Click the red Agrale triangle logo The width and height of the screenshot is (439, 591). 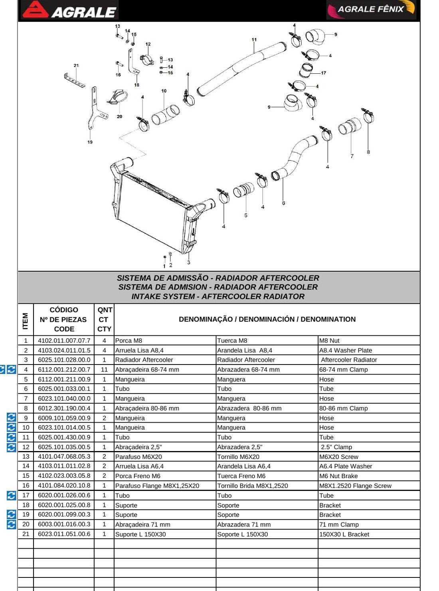[36, 10]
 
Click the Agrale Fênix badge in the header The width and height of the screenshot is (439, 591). [371, 10]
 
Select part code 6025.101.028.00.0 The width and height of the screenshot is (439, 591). [64, 360]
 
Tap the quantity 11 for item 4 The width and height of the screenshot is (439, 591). [104, 370]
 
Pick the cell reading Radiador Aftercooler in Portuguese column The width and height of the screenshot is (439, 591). [144, 360]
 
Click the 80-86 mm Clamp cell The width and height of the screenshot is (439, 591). [343, 408]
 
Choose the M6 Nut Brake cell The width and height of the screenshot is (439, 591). [338, 476]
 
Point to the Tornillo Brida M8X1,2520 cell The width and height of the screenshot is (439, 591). [252, 486]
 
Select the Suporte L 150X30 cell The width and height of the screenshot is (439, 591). [140, 534]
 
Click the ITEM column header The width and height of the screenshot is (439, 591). [25, 321]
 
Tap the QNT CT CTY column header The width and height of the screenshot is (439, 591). [104, 319]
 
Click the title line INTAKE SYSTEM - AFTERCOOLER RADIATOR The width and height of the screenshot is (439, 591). [218, 296]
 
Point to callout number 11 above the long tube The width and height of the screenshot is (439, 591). [254, 40]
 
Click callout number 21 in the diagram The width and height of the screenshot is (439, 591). [76, 65]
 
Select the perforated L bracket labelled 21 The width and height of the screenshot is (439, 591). [74, 80]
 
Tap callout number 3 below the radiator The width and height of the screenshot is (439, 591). [188, 262]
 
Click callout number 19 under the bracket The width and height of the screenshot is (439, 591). [90, 142]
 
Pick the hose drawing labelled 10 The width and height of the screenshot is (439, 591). [165, 115]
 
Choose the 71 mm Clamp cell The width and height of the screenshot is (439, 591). [339, 524]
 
